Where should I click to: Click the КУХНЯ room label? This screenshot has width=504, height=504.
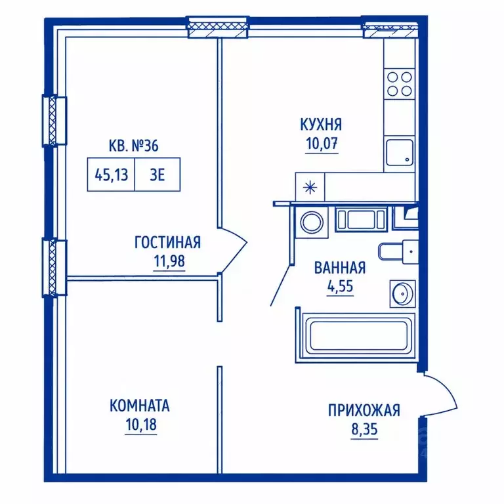(x=321, y=125)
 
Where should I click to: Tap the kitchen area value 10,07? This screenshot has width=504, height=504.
(x=322, y=143)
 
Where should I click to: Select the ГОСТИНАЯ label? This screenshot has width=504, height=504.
(x=167, y=242)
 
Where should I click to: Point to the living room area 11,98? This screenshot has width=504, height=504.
(x=169, y=261)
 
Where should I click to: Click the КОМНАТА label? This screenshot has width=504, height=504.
(x=140, y=406)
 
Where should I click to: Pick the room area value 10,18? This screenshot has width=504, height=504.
(x=141, y=425)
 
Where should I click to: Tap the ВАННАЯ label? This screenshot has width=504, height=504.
(x=340, y=268)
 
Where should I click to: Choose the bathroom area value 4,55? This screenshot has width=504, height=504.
(x=340, y=285)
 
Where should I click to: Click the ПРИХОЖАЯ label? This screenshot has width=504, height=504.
(x=364, y=410)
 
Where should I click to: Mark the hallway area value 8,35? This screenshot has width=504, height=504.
(x=364, y=429)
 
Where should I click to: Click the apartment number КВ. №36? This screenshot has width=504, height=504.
(x=133, y=146)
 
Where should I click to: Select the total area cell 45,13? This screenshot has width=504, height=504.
(x=111, y=175)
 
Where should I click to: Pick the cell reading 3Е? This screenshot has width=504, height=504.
(x=157, y=175)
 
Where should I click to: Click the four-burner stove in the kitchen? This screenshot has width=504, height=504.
(x=400, y=84)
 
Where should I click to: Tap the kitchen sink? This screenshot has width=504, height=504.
(x=400, y=152)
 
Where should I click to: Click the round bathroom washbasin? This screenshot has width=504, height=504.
(x=402, y=293)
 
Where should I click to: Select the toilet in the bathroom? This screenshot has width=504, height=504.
(x=398, y=251)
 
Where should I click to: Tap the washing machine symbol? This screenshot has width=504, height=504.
(x=312, y=222)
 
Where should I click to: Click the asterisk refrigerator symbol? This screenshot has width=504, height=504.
(x=310, y=188)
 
